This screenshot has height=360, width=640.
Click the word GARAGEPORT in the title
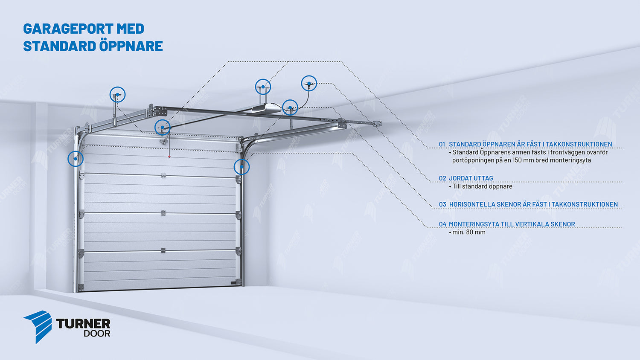click(68, 29)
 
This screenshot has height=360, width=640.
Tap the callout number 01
click(442, 144)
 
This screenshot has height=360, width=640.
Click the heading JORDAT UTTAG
click(471, 178)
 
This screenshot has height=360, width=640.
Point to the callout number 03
click(442, 205)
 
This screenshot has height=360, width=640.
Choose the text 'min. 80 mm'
click(469, 232)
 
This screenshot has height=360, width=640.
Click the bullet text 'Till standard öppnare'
click(482, 186)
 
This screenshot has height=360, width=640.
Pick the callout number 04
click(442, 224)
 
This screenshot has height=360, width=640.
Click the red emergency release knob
click(169, 157)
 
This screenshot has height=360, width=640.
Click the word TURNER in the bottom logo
click(83, 324)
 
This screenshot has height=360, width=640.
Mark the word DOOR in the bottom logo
click(97, 334)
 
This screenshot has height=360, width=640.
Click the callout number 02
click(442, 178)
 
